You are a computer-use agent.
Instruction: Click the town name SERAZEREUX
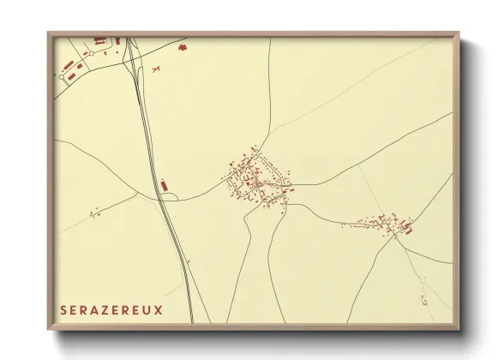coord(111,309)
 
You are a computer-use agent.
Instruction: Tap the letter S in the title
coord(63,309)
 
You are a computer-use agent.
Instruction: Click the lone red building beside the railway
coord(162,184)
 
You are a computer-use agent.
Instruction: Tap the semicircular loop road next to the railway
coord(168,196)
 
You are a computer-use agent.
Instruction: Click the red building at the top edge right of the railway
coord(182,46)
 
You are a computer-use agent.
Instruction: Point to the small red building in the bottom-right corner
coord(423,297)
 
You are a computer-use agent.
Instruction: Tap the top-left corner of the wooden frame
coord(49,33)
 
